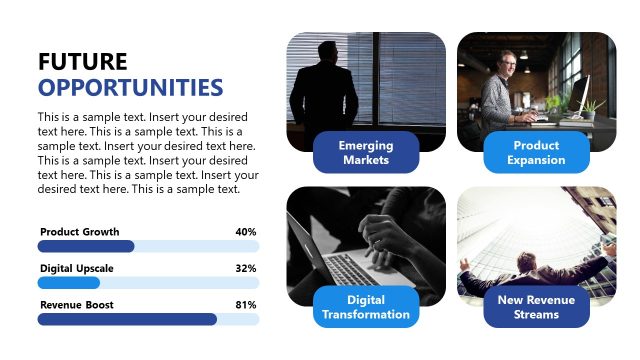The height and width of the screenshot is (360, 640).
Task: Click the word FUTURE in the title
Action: point(83,61)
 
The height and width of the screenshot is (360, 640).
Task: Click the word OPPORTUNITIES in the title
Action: point(130,86)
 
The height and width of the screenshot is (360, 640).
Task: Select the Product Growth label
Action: point(79,232)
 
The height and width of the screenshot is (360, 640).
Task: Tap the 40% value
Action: point(246,232)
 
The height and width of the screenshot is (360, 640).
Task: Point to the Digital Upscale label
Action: point(77,268)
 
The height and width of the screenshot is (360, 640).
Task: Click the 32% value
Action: point(246,268)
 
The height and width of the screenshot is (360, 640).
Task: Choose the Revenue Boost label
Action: point(77,304)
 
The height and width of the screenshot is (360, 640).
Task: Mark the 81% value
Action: point(246,304)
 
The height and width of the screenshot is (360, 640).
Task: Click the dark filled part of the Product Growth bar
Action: point(86,246)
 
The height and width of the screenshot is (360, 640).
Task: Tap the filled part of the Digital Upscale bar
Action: point(69,283)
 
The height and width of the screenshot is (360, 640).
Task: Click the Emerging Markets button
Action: point(366,152)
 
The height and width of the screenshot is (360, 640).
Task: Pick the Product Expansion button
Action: point(536,152)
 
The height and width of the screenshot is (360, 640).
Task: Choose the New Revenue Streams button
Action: point(536,307)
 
